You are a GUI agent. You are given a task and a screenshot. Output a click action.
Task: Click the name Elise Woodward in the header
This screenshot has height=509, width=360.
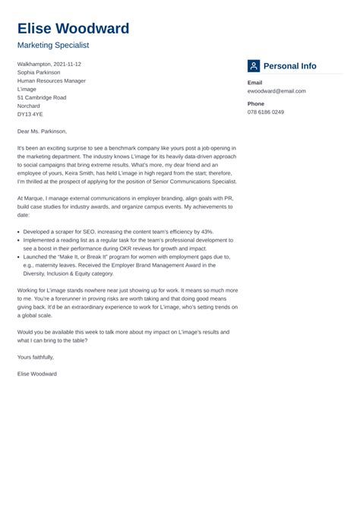tap(73, 29)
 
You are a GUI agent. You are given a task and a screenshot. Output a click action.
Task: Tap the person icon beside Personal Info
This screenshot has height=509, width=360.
tap(254, 66)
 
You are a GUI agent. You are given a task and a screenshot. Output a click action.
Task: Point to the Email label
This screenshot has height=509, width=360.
tap(255, 82)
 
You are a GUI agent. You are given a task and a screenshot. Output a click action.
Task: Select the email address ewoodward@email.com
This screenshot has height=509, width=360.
tap(276, 90)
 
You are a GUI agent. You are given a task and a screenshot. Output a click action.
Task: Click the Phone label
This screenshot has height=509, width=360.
tap(256, 103)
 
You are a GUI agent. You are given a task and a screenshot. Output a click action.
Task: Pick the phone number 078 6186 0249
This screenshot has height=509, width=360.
tap(266, 112)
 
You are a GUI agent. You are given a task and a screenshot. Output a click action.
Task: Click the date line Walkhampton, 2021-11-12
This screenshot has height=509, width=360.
tap(49, 64)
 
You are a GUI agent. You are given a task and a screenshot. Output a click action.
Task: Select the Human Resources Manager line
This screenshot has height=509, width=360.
tap(52, 81)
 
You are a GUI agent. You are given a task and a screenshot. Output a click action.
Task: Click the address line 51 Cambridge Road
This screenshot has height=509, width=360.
tap(42, 97)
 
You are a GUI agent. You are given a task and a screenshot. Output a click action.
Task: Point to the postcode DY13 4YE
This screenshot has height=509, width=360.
tap(31, 115)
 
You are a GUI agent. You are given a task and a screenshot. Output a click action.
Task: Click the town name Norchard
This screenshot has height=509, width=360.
tap(30, 106)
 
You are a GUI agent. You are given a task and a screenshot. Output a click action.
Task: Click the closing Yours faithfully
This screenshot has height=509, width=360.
tap(36, 357)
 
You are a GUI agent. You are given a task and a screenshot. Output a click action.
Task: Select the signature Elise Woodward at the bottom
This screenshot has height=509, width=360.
tap(37, 374)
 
